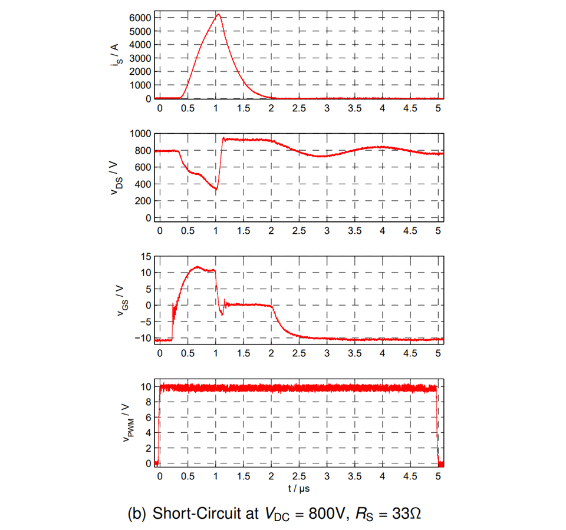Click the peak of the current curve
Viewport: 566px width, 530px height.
pyautogui.click(x=218, y=15)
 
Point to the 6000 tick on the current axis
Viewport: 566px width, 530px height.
pyautogui.click(x=140, y=18)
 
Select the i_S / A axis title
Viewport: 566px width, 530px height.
pyautogui.click(x=116, y=55)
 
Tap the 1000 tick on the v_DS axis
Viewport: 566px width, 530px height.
pyautogui.click(x=140, y=134)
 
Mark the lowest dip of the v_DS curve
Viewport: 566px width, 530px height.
pyautogui.click(x=216, y=189)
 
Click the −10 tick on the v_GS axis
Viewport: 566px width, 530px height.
pyautogui.click(x=141, y=338)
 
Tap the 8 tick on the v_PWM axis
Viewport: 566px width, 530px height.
pyautogui.click(x=148, y=402)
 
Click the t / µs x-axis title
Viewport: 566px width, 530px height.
pyautogui.click(x=299, y=488)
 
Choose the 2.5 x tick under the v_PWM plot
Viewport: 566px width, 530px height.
pyautogui.click(x=299, y=476)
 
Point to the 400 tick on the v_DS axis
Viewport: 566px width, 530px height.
pyautogui.click(x=143, y=184)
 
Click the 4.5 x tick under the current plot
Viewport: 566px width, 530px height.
pyautogui.click(x=410, y=109)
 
